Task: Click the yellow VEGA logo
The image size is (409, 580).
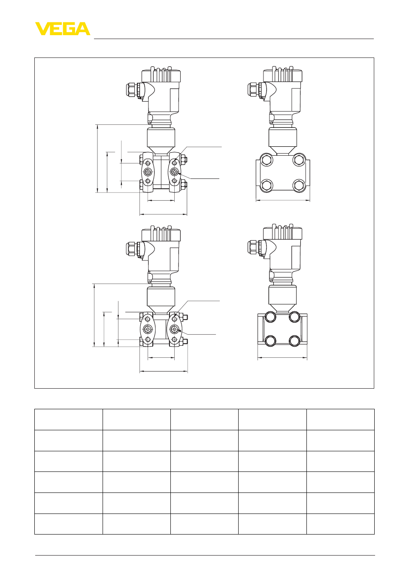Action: [x=63, y=29]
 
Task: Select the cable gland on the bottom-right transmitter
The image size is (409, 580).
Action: [x=254, y=247]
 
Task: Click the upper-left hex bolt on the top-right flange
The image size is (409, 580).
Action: [x=266, y=160]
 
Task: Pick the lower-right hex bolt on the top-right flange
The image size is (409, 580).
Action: [x=299, y=185]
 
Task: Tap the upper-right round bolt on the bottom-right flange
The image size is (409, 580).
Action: [x=294, y=317]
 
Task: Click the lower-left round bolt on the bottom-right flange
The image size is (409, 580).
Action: [x=270, y=341]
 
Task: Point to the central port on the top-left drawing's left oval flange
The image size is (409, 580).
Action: [x=148, y=171]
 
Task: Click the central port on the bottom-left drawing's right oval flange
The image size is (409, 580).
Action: [x=174, y=329]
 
